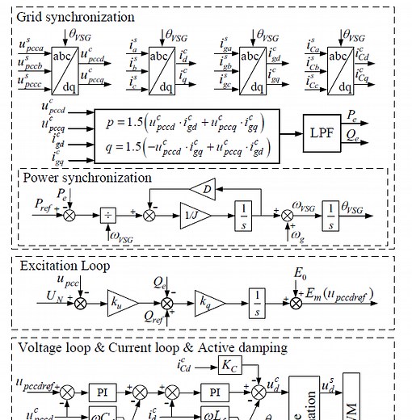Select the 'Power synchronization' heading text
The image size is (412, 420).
tap(86, 177)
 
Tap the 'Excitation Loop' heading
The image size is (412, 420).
tap(65, 265)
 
